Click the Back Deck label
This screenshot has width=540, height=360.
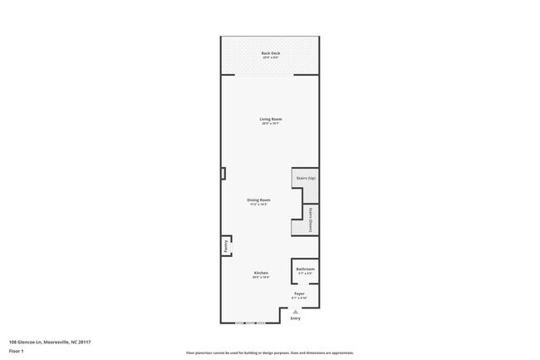(271, 53)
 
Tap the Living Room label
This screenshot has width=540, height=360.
(271, 119)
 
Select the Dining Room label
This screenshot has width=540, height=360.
(258, 200)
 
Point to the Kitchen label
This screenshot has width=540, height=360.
(261, 273)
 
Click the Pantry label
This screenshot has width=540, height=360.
(225, 246)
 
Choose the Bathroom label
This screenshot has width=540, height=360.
(305, 269)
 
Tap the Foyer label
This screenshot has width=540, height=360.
(299, 293)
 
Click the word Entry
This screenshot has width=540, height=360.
(295, 317)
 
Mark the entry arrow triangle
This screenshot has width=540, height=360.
(295, 311)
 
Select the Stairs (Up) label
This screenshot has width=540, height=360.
(306, 179)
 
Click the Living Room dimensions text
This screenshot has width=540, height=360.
(271, 124)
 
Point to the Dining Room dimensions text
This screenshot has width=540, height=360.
(258, 205)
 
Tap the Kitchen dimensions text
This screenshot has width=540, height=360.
(261, 278)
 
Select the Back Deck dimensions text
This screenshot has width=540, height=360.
(271, 58)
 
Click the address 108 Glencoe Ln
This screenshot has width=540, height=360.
(50, 342)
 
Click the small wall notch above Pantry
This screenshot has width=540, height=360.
(223, 173)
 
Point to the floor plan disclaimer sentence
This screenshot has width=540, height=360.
(270, 353)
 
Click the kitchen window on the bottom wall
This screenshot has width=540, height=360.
(249, 323)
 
